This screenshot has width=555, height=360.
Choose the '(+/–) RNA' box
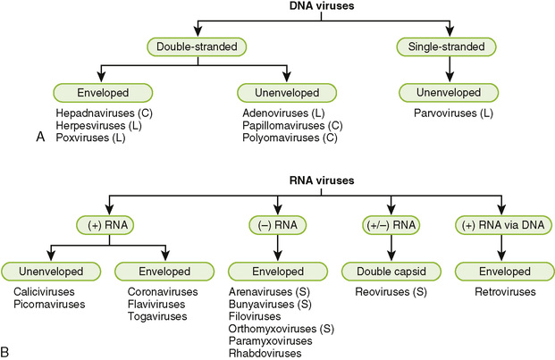[x=391, y=224]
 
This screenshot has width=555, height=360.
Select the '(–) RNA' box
[x=277, y=224]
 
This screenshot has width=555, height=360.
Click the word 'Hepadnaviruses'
[x=87, y=114]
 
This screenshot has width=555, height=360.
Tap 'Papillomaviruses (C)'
[x=291, y=127]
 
